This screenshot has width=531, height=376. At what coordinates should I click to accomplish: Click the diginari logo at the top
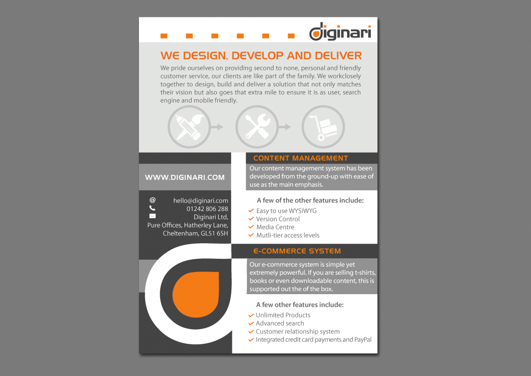click(340, 33)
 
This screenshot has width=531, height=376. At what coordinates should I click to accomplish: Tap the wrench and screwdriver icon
click(257, 127)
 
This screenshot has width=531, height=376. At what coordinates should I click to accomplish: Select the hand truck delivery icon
click(323, 127)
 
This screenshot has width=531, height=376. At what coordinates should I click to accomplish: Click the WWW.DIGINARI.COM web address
click(185, 177)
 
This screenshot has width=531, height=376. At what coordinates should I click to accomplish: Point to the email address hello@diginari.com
click(200, 200)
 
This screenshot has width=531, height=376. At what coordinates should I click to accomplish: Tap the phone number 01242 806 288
click(207, 209)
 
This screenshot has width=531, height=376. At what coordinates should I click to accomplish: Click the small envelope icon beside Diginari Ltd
click(153, 216)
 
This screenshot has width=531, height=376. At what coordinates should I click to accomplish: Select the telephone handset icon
click(152, 208)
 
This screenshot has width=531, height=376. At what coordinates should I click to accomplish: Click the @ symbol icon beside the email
click(153, 200)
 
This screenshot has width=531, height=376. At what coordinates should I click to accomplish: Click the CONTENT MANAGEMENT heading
click(300, 158)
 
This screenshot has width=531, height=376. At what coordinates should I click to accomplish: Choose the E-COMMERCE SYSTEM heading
click(297, 251)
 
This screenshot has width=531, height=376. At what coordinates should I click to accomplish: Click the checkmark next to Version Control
click(251, 219)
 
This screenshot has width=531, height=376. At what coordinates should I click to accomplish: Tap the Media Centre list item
click(275, 227)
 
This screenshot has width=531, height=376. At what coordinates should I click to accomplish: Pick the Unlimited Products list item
click(283, 315)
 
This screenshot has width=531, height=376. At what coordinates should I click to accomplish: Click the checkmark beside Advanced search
click(251, 323)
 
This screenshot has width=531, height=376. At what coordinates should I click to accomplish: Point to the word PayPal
click(363, 340)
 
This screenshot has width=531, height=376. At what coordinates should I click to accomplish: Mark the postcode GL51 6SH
click(214, 233)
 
